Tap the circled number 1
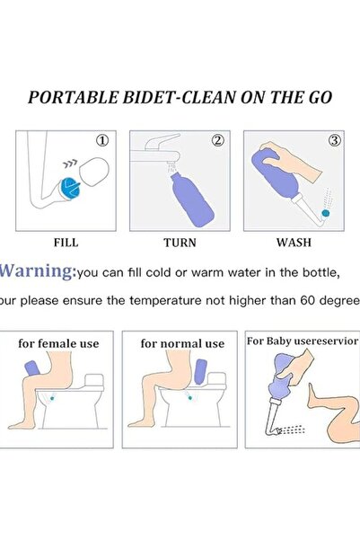point(102,140)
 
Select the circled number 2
point(217,140)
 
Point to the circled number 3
point(333,140)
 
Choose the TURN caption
point(180,242)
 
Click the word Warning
point(38,270)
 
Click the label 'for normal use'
point(182,343)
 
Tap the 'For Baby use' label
point(280,341)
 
